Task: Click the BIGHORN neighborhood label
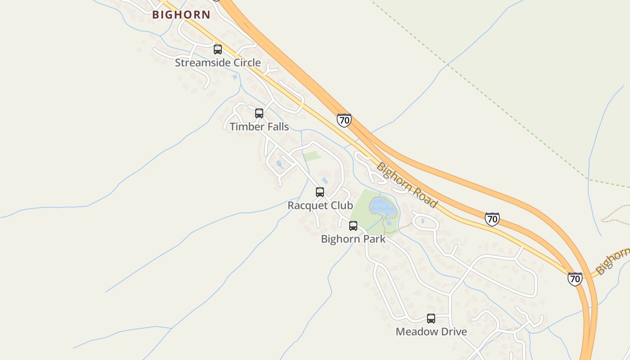pyautogui.click(x=181, y=15)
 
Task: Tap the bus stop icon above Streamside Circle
pyautogui.click(x=218, y=49)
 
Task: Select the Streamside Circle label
pyautogui.click(x=218, y=63)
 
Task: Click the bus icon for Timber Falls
pyautogui.click(x=259, y=113)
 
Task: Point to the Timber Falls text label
pyautogui.click(x=259, y=126)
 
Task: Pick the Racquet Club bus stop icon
pyautogui.click(x=320, y=192)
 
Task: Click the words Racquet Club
pyautogui.click(x=320, y=206)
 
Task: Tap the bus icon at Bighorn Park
pyautogui.click(x=353, y=226)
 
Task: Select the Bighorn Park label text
pyautogui.click(x=353, y=239)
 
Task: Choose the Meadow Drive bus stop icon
pyautogui.click(x=431, y=319)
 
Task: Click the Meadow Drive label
pyautogui.click(x=431, y=332)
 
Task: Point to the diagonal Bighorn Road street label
pyautogui.click(x=407, y=184)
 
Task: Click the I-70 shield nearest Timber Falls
pyautogui.click(x=344, y=120)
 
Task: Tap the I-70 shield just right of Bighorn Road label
pyautogui.click(x=492, y=219)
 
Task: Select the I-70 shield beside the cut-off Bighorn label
pyautogui.click(x=575, y=279)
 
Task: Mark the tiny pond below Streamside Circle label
pyautogui.click(x=235, y=77)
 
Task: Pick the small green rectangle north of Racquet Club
pyautogui.click(x=312, y=156)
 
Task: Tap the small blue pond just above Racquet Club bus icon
pyautogui.click(x=325, y=180)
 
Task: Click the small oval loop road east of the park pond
pyautogui.click(x=424, y=220)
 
